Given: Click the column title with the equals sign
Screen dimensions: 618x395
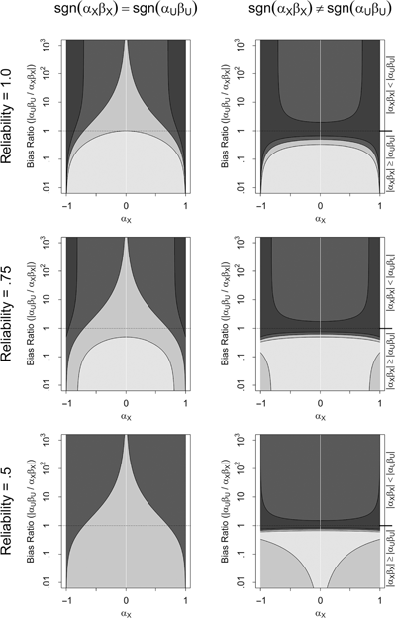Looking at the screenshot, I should [126, 12].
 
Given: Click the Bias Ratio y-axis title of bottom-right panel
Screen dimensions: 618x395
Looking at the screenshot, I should [225, 498].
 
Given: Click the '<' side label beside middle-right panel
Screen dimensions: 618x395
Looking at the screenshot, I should [388, 282].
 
